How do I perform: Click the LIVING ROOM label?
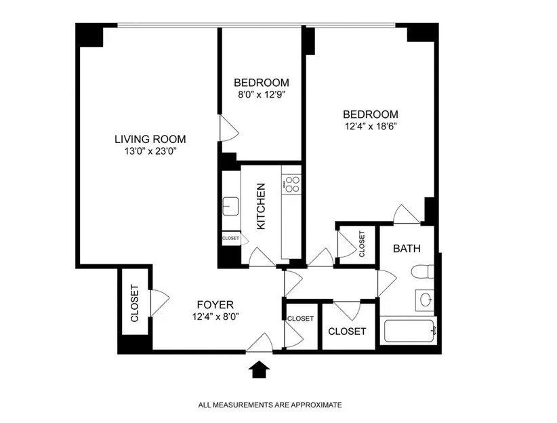[150, 139]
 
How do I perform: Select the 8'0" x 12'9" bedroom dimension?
[261, 95]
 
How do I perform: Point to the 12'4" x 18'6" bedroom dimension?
[369, 126]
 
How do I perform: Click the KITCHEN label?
[261, 205]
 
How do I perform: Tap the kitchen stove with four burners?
[292, 184]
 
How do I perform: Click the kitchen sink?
[230, 205]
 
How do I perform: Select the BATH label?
[407, 248]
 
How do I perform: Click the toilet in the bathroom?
[423, 273]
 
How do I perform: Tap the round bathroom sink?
[426, 299]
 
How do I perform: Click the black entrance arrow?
[260, 369]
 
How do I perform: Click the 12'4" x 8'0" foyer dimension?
[215, 315]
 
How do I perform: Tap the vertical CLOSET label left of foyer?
[134, 302]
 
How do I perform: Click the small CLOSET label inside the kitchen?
[230, 238]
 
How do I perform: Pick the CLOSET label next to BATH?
[362, 244]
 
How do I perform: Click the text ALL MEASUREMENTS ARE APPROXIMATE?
[270, 405]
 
